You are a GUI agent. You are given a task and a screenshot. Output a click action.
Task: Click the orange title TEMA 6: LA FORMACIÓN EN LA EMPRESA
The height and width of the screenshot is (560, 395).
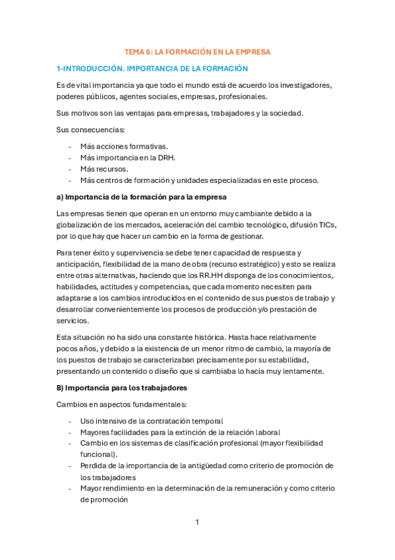[x=198, y=51]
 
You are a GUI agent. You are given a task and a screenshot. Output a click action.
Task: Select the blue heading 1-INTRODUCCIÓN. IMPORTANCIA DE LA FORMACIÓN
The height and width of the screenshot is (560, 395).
[x=152, y=68]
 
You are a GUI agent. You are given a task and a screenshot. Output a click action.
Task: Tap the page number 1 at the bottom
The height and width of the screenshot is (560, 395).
[x=197, y=522]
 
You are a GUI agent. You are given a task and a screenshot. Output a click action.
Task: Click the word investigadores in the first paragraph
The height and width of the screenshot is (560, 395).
[x=297, y=85]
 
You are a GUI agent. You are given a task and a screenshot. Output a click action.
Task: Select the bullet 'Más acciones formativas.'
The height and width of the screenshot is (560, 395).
[x=124, y=146]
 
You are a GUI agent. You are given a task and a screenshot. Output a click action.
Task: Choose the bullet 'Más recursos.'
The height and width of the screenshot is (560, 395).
[x=104, y=168]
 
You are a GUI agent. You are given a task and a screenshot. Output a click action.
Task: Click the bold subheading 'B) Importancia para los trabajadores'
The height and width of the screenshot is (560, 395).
[x=122, y=387]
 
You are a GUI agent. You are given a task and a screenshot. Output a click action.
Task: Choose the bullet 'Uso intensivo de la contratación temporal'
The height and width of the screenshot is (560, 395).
[x=152, y=421]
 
